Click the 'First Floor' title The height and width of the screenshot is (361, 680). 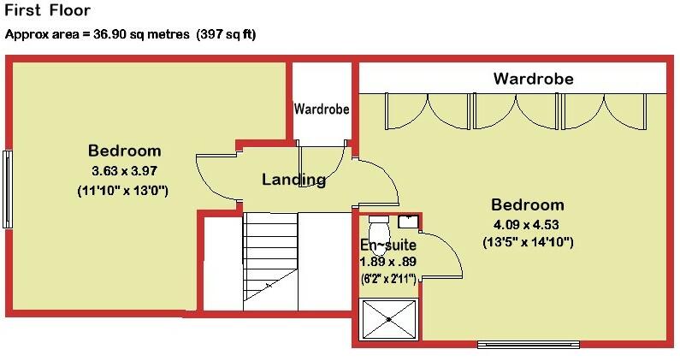coord(47,12)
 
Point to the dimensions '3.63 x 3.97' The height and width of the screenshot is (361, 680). coord(123,170)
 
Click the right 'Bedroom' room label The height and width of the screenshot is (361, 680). coord(527,205)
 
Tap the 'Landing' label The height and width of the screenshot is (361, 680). coord(293,180)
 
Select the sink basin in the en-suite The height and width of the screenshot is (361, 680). coord(407,222)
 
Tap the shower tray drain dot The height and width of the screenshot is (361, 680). coord(390,319)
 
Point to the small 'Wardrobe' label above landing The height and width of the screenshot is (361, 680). coord(322,109)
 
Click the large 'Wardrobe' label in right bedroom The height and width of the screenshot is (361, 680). coord(533,80)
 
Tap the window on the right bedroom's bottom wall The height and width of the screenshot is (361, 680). coord(527,345)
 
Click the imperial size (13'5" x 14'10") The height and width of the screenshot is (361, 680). coord(527,243)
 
